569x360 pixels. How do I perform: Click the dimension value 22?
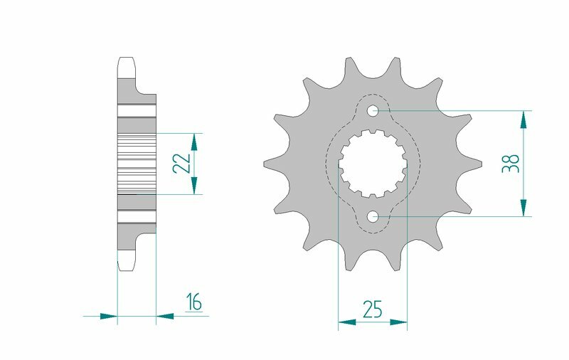(183, 163)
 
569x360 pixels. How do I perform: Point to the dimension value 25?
(372, 309)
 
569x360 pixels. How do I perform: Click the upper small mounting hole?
(373, 110)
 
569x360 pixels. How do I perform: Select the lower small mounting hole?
(373, 216)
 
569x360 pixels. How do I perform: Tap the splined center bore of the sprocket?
(371, 163)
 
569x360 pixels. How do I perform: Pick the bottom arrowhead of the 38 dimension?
(524, 208)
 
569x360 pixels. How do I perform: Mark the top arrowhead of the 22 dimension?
(195, 140)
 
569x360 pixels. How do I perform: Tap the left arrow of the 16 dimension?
(108, 315)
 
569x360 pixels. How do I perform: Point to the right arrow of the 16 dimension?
(164, 315)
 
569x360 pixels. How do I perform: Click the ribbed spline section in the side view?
(136, 163)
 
